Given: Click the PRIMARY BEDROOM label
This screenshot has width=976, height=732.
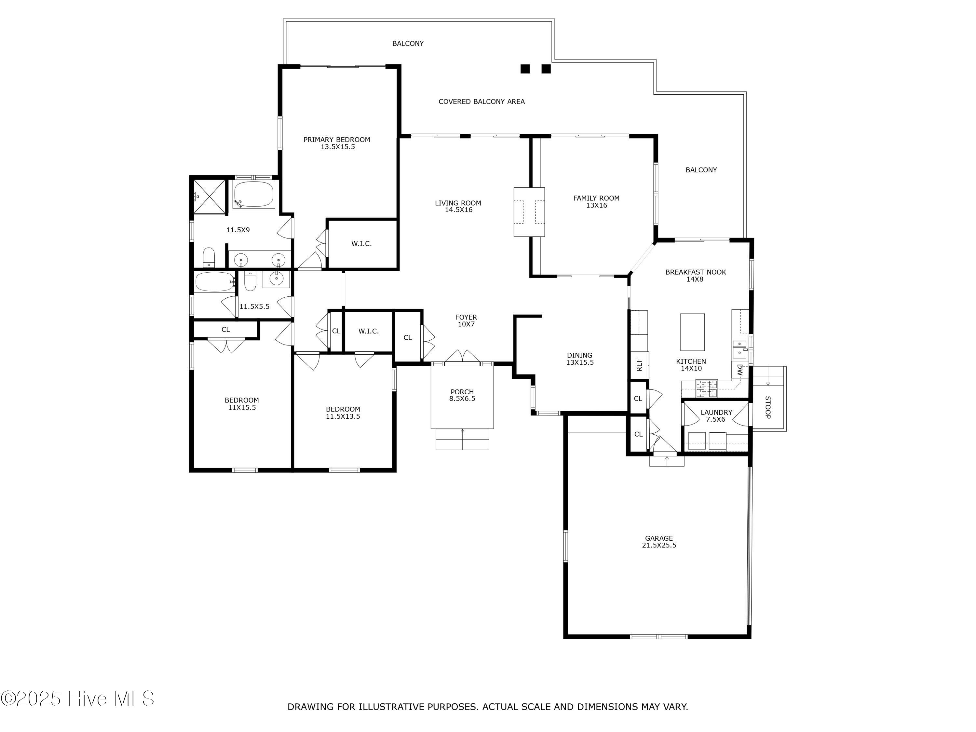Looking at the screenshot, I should (x=337, y=143).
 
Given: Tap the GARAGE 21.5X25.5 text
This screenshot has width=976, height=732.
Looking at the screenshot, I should (x=659, y=541).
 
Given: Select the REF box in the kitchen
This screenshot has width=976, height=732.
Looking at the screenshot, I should (x=639, y=365).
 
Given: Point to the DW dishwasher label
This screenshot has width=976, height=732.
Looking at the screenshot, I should (x=740, y=370).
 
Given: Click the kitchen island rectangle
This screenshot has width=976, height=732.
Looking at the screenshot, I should (x=692, y=332).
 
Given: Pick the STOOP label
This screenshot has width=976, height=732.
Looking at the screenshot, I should (x=768, y=407).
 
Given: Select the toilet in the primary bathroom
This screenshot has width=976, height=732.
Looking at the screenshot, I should (x=208, y=257).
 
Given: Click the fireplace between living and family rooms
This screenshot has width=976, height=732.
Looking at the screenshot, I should (x=529, y=212).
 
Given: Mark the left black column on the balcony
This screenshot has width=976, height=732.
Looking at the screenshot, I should (x=525, y=69).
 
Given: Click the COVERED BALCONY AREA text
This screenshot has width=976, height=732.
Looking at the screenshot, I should (x=481, y=102).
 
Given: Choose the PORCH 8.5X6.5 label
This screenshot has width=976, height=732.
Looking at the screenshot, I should (x=462, y=395).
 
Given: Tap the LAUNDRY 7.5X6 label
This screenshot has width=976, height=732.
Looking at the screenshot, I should (x=716, y=416).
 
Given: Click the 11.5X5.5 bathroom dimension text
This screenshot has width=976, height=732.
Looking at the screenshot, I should (x=254, y=306).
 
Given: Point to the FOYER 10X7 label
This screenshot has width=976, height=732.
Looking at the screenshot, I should (x=466, y=320).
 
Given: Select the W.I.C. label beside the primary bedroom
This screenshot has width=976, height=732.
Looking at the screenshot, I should (x=361, y=244).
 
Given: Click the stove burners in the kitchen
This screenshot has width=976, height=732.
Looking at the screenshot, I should (x=706, y=388).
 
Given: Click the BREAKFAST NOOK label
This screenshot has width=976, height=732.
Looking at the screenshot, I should (x=695, y=275).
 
